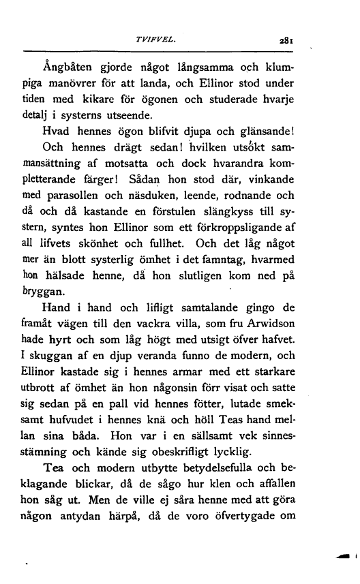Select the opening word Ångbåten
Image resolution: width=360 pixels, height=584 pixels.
(x=67, y=67)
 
